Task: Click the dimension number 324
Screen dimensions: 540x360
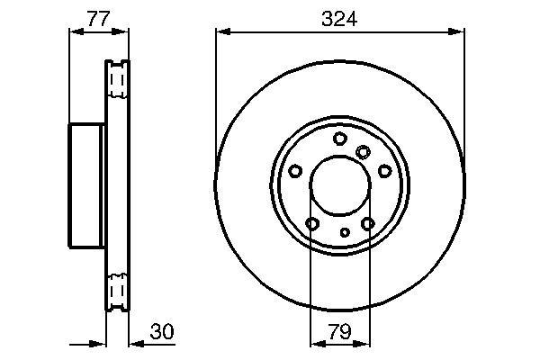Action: coord(339,19)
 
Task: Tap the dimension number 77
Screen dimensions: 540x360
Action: coord(98,19)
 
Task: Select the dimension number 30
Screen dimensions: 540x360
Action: coord(162,332)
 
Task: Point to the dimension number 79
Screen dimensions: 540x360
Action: coord(339,332)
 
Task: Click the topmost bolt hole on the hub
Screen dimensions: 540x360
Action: coord(340,139)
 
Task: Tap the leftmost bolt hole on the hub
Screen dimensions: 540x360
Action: coord(295,171)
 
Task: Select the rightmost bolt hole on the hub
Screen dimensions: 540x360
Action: coord(384,171)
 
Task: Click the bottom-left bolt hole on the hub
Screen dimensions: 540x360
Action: coord(312,224)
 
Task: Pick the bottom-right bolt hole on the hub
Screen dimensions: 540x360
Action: coord(368,224)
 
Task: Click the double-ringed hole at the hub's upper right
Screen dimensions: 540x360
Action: coord(363,152)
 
